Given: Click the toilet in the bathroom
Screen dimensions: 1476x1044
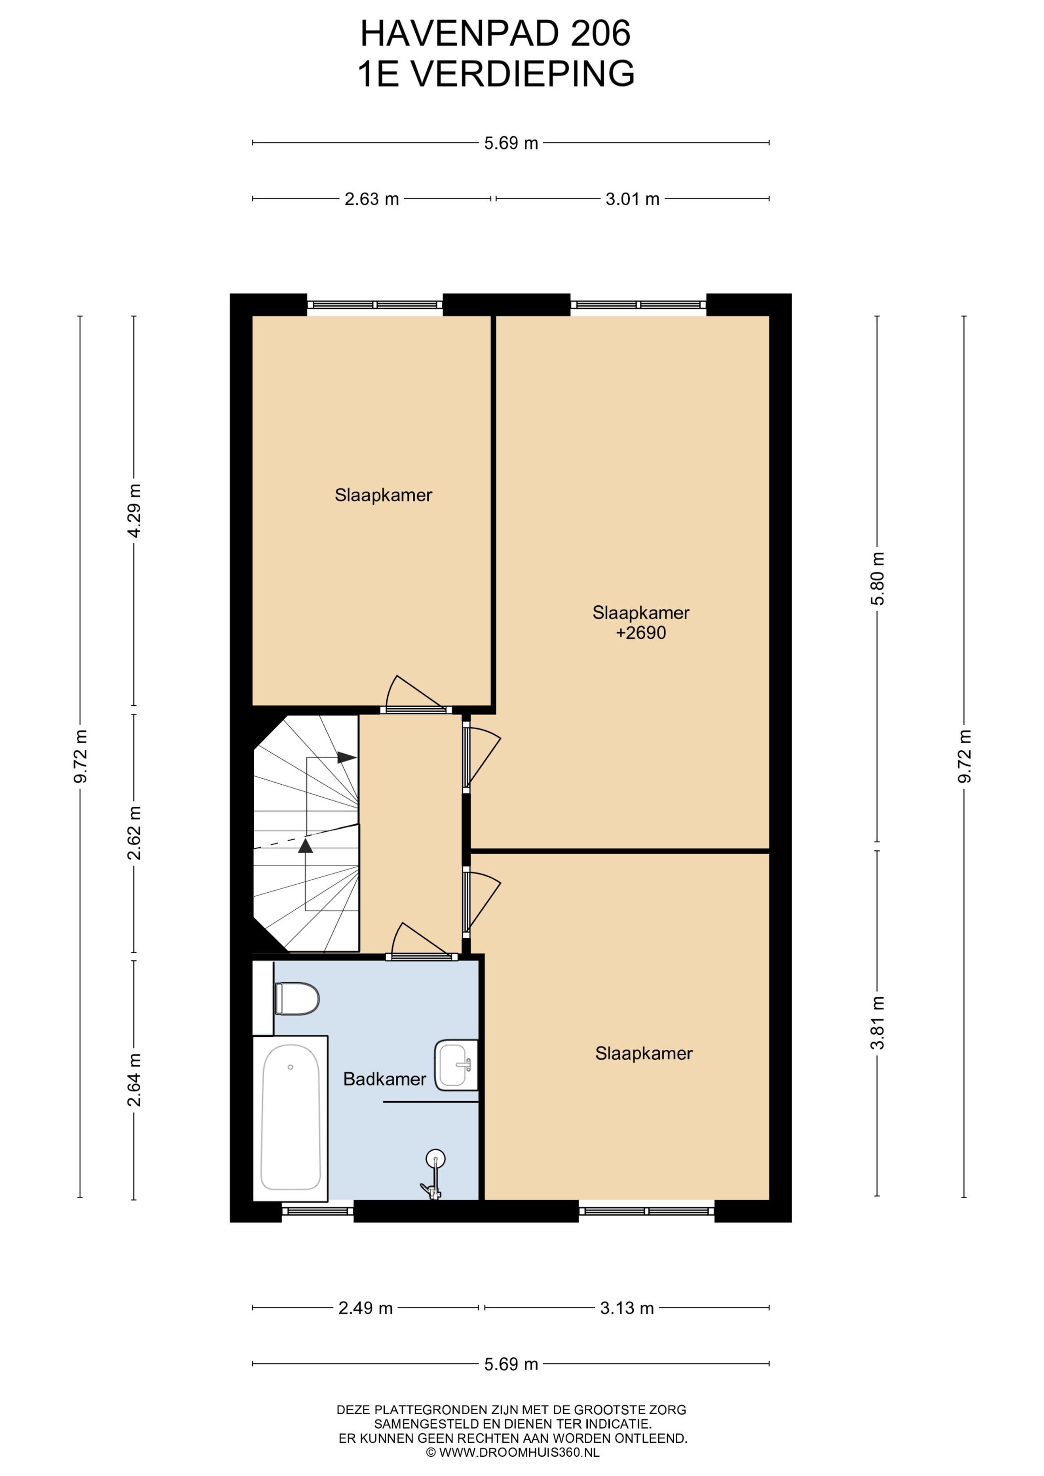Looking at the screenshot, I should pos(297,998).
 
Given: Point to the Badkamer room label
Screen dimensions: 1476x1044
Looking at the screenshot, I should pos(384,1079).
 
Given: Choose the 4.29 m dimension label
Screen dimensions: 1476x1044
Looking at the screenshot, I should pos(134,510).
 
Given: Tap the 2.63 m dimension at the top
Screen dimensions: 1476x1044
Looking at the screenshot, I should pos(371,199).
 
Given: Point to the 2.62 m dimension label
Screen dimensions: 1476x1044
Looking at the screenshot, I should pos(134,832).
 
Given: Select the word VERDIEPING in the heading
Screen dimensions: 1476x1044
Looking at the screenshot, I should pos(522,73).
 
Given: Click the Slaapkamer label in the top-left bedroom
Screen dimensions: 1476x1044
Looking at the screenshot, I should pos(383,495).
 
